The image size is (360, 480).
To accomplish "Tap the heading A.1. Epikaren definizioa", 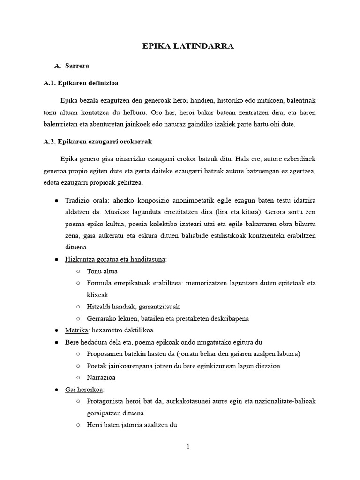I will tap(81, 83).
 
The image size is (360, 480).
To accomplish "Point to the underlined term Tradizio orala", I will tap(87, 200).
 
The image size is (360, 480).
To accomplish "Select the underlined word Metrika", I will tap(75, 330).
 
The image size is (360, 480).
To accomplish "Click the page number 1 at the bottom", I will tap(188, 446).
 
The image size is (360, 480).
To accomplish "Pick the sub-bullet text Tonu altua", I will tap(102, 271).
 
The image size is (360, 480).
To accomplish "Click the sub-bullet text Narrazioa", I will tap(102, 377).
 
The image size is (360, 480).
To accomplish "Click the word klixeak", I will tap(97, 295).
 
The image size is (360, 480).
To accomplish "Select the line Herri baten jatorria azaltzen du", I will tap(132, 425).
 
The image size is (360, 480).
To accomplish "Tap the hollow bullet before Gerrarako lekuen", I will tap(78, 319).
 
